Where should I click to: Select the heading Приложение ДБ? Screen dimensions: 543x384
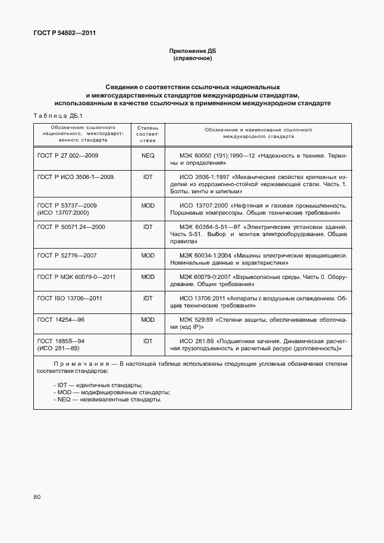pos(191,52)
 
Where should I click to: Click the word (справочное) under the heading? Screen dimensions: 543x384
pos(191,59)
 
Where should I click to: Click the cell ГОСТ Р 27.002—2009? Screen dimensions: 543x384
pos(68,155)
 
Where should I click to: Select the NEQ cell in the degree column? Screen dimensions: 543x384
pos(147,155)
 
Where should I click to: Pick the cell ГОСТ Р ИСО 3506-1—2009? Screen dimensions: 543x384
pos(75,177)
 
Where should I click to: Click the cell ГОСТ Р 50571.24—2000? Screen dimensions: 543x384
pos(71,227)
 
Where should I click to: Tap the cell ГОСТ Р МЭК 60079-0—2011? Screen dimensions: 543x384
pos(76,277)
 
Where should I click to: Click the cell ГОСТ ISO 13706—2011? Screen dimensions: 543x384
pos(70,298)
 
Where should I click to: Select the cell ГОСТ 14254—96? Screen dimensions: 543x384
pos(61,319)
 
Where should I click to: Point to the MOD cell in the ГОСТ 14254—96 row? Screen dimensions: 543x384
pos(147,319)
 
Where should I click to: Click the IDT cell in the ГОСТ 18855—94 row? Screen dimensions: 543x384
pos(147,341)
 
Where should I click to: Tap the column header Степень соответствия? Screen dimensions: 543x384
pos(147,134)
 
